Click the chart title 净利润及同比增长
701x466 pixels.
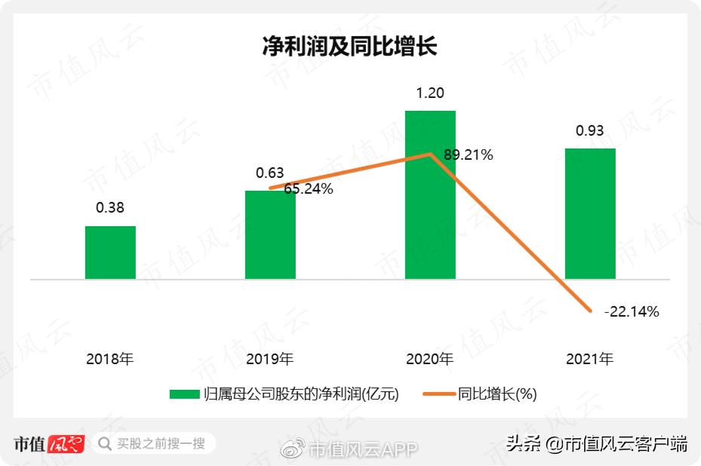[x=349, y=46]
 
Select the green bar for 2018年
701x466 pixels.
[x=110, y=253]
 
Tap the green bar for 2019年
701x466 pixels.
[x=270, y=235]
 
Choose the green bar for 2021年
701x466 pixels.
[x=590, y=214]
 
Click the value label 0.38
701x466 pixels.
[x=110, y=207]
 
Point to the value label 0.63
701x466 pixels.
[x=270, y=173]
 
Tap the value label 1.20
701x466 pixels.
[x=430, y=94]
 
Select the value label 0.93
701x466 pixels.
[x=590, y=131]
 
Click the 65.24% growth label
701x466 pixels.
[x=309, y=189]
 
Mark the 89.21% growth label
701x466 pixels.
[x=469, y=155]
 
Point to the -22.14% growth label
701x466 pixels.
[x=632, y=311]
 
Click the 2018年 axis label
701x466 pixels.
[x=110, y=359]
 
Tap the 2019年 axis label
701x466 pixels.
[x=270, y=359]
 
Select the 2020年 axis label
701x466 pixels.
[x=430, y=359]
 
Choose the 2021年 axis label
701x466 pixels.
[x=590, y=359]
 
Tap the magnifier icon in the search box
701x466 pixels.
[x=105, y=443]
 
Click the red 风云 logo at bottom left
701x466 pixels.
[x=66, y=444]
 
